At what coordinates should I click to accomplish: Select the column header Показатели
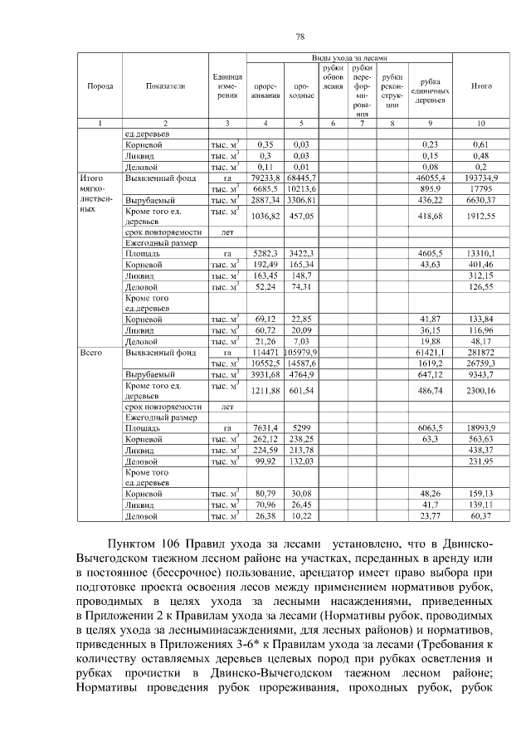[x=164, y=85]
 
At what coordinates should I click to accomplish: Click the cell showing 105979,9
[x=300, y=353]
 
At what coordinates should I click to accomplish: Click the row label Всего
[x=90, y=353]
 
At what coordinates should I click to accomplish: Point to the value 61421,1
[x=430, y=353]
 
